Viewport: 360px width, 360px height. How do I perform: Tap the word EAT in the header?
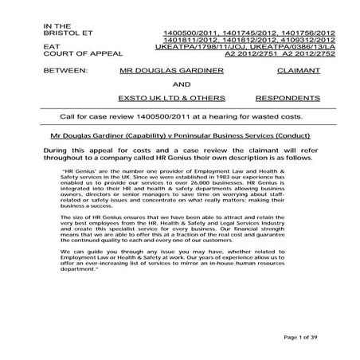(x=50, y=48)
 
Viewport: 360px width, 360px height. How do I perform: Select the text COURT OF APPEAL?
(x=75, y=55)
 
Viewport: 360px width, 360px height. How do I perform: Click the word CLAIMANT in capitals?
(x=296, y=71)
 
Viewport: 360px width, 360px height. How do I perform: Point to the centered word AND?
(x=182, y=84)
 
